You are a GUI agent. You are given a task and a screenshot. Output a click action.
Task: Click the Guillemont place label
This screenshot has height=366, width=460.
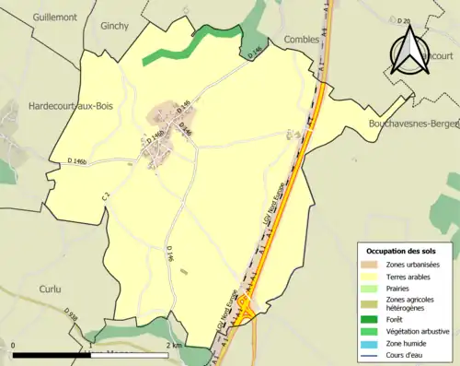53,17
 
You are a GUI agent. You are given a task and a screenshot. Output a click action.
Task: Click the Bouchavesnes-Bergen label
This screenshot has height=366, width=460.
413,122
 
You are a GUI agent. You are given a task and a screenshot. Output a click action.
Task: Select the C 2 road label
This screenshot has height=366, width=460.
107,195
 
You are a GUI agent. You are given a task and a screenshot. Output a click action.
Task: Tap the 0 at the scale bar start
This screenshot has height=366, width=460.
15,345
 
